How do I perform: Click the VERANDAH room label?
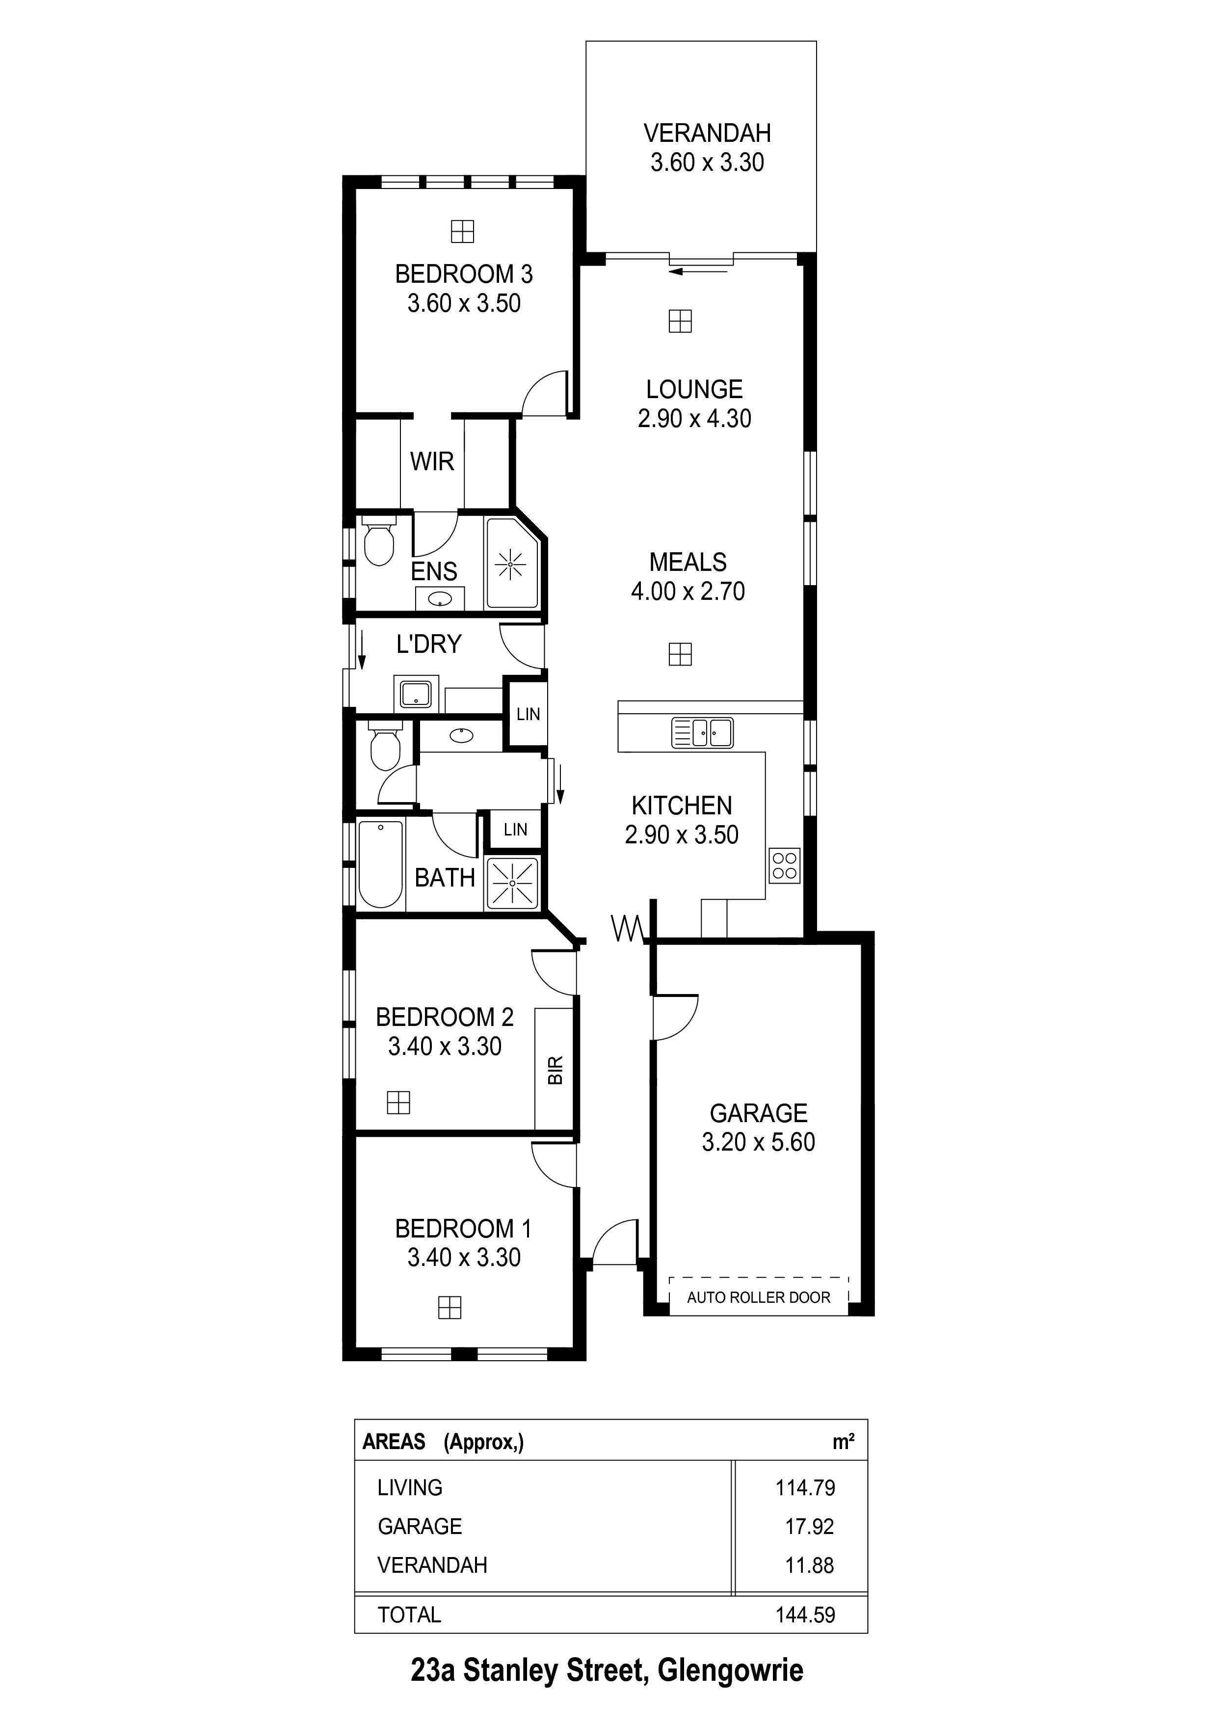[707, 134]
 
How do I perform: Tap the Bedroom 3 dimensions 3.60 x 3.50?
[464, 304]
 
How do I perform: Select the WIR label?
[432, 461]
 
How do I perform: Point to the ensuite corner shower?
[512, 563]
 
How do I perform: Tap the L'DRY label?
[429, 644]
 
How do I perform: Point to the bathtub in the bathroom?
[381, 864]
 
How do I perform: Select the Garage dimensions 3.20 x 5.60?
[758, 1142]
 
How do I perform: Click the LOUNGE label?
[694, 389]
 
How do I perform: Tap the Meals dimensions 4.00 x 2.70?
[688, 592]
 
